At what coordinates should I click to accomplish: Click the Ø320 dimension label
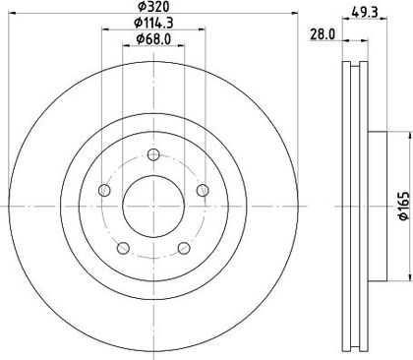153,6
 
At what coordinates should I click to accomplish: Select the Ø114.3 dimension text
153,23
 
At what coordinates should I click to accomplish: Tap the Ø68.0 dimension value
153,39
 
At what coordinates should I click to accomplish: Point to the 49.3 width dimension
365,13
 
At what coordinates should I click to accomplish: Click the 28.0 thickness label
324,34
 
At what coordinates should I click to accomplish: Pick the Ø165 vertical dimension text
405,206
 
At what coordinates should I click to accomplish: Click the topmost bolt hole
153,154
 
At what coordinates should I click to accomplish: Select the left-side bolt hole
104,190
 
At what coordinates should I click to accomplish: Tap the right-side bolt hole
203,190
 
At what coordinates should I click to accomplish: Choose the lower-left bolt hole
123,248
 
